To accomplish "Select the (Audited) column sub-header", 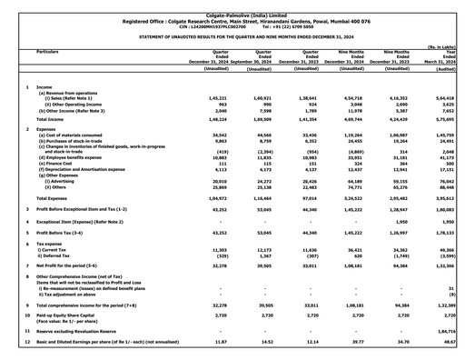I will coord(443,69).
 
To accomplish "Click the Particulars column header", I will coord(53,53).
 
